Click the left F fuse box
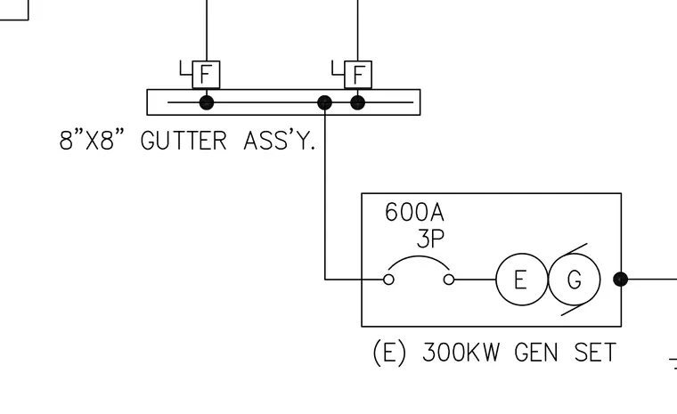(x=206, y=75)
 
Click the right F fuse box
(x=358, y=75)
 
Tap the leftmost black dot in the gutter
(x=207, y=102)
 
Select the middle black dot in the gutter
(x=324, y=102)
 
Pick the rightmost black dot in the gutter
(x=357, y=102)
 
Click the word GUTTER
(x=184, y=141)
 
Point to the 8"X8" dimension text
(x=92, y=141)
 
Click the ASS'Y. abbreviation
(x=280, y=141)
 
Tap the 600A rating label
(x=414, y=213)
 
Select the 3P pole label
(x=430, y=238)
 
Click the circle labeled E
(x=522, y=280)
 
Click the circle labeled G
(x=575, y=280)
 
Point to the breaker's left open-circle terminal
(x=388, y=280)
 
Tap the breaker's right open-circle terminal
(x=449, y=280)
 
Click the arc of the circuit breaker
(x=419, y=256)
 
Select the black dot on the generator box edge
(x=621, y=280)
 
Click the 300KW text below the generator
(x=461, y=353)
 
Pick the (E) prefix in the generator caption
(x=389, y=353)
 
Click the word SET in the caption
(x=595, y=353)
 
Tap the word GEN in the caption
(x=536, y=353)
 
